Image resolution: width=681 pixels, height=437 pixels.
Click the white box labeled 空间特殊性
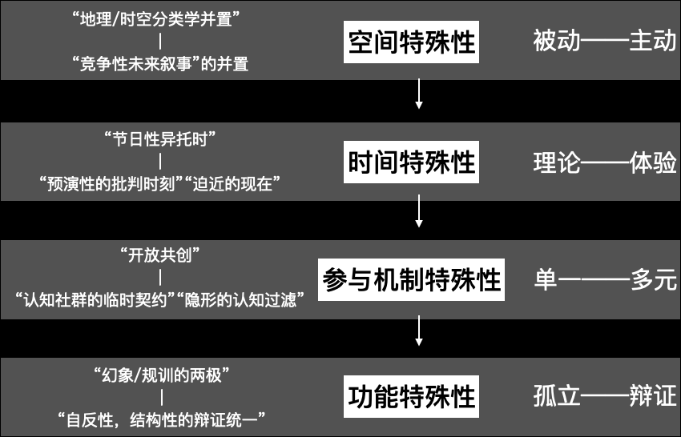[x=412, y=42]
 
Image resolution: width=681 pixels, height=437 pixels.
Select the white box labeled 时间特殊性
[x=412, y=162]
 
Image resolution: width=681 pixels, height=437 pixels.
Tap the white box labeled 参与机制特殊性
[x=412, y=279]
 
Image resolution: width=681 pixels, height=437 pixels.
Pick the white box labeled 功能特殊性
[x=412, y=397]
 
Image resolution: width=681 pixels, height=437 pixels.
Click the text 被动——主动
[x=605, y=42]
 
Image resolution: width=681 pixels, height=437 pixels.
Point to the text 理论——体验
[x=605, y=162]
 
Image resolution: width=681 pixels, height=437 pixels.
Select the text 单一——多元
[x=605, y=280]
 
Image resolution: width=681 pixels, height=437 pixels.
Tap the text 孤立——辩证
[x=605, y=397]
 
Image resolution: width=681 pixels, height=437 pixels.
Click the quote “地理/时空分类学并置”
[x=162, y=19]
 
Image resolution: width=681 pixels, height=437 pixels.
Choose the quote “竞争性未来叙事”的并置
[x=162, y=64]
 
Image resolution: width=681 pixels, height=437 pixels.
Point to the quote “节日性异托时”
[x=162, y=138]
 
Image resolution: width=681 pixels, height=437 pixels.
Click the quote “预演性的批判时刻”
[x=111, y=184]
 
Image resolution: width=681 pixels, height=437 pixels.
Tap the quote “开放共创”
[x=162, y=256]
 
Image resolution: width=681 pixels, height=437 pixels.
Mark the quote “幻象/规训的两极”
[x=162, y=374]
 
